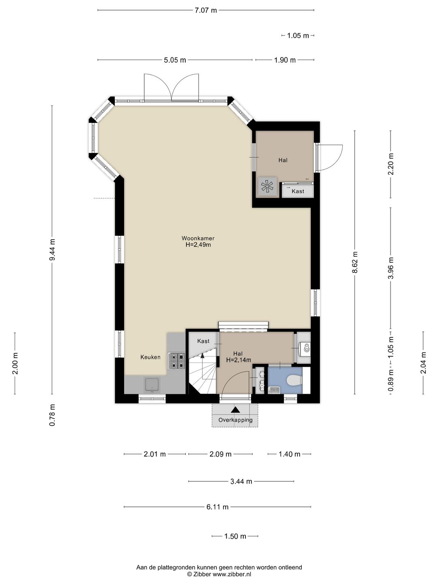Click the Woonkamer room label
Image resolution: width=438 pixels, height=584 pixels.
pos(198,238)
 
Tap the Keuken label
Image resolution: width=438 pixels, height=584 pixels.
pos(150,357)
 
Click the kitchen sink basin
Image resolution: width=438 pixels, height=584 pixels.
pos(152,384)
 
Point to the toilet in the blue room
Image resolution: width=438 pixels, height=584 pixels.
pos(295,380)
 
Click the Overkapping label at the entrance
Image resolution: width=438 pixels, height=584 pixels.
pos(235,420)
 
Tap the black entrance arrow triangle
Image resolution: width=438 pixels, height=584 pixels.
pos(235,410)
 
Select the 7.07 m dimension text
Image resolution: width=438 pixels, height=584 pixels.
pos(206,11)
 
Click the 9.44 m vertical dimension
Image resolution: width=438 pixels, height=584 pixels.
pos(52,250)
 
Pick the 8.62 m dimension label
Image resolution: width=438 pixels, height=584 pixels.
pos(355,262)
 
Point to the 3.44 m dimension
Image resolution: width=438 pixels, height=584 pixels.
pos(241,481)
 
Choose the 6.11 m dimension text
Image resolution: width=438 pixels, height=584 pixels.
pos(217,507)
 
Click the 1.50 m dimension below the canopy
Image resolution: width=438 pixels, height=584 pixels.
pos(235,536)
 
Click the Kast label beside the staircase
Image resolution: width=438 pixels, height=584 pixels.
pos(204,341)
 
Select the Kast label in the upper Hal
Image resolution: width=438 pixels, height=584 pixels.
pos(298,191)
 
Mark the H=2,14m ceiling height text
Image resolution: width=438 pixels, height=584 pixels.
pos(238,360)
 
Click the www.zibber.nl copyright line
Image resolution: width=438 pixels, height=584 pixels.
pos(219,574)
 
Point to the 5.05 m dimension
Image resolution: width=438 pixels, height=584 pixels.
pos(175,60)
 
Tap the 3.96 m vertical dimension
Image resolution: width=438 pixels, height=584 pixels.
pos(391,268)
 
